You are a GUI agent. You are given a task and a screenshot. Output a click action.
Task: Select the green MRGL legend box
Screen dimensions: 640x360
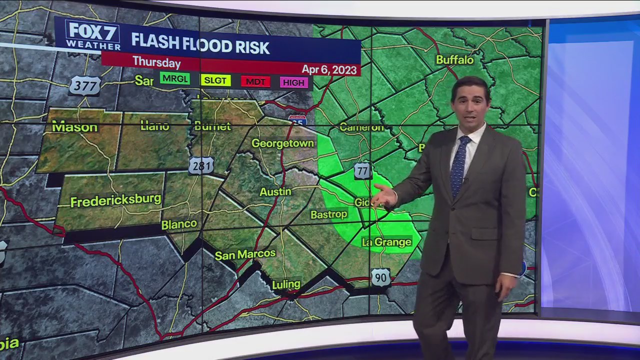pos(175,78)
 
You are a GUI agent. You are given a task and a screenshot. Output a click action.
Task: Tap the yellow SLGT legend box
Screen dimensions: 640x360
pos(215,80)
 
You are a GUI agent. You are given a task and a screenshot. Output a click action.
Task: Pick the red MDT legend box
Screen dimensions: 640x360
pos(255,81)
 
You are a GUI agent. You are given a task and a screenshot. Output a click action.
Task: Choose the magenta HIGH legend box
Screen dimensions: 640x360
pos(293,82)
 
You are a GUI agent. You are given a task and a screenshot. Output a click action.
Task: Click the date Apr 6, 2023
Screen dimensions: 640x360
pos(329,69)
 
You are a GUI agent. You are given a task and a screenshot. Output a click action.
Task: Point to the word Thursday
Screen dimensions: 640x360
pos(156,62)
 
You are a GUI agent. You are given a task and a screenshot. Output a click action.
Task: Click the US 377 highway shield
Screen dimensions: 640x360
pos(84,85)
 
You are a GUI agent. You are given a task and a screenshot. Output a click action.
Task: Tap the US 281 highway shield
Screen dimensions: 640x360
pos(201,165)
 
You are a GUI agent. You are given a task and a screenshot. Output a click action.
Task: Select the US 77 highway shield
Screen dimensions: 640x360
pos(362,170)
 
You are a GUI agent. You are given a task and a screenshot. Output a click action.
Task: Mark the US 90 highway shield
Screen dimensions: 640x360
pos(380,277)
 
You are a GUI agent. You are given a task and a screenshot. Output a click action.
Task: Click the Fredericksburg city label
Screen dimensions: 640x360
pos(116,200)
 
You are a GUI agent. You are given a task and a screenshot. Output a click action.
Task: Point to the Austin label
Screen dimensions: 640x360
pos(275,191)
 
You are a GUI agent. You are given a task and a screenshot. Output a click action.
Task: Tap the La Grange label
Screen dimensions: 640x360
pos(386,242)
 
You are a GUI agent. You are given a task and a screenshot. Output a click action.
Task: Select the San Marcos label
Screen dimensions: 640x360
pos(245,254)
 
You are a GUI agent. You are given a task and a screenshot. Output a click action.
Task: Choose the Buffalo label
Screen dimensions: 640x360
pos(454,60)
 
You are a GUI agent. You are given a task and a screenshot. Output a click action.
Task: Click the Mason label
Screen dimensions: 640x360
pos(74,127)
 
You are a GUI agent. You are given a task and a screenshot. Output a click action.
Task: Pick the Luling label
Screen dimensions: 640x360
pos(286,284)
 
